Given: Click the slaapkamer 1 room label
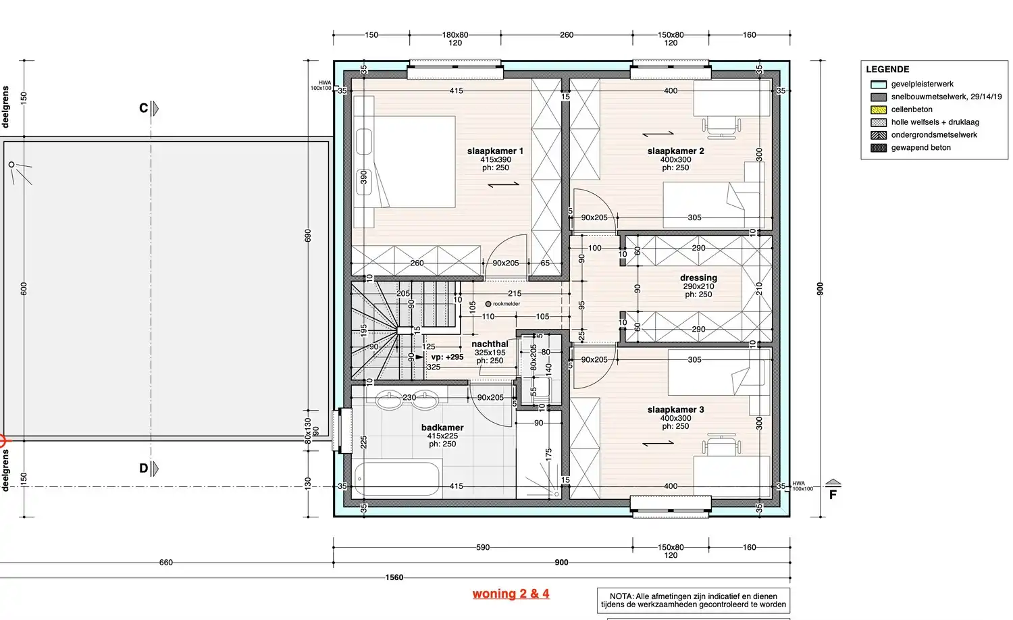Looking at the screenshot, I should click(x=495, y=151).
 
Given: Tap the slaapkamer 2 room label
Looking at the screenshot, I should click(x=675, y=151).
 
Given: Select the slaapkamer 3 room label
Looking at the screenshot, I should click(x=675, y=409).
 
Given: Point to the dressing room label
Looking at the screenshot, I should click(x=698, y=278).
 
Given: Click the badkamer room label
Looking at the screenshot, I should click(x=442, y=428).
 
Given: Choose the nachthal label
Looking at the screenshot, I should click(x=490, y=344).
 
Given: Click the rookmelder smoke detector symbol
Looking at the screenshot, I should click(x=488, y=304).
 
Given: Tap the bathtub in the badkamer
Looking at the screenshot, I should click(x=398, y=478).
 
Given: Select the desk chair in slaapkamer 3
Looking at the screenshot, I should click(x=721, y=445).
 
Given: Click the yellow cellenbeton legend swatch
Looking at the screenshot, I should click(x=878, y=109).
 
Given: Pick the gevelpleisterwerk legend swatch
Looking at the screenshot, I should click(x=878, y=84).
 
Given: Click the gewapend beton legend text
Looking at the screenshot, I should click(x=920, y=148).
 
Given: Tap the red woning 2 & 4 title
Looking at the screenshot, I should click(x=511, y=594).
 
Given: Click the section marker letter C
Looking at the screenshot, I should click(x=143, y=108).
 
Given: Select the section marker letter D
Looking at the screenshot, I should click(x=143, y=468).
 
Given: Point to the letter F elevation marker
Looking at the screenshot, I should click(x=833, y=494).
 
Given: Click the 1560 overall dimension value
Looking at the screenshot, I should click(x=394, y=577).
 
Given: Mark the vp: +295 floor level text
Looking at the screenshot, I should click(x=447, y=357).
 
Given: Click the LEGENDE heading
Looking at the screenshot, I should click(x=887, y=70).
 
